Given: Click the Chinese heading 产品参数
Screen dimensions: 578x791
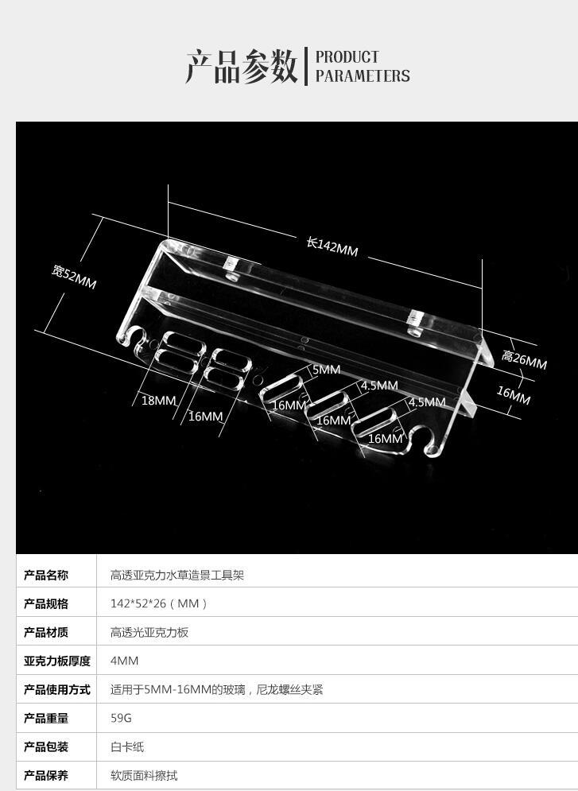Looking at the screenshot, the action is tap(242, 67).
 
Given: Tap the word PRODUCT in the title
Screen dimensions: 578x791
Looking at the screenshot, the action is tap(347, 57).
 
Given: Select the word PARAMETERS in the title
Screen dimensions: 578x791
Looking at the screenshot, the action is tap(363, 76).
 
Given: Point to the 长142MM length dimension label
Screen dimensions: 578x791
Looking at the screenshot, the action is tap(332, 246).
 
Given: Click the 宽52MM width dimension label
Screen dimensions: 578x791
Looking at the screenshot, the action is tap(74, 277).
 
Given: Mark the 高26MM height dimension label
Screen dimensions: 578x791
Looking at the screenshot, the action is tap(524, 361).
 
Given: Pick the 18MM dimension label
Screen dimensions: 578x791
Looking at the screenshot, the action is tap(158, 401).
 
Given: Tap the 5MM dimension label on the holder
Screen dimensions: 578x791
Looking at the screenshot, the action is tap(326, 370).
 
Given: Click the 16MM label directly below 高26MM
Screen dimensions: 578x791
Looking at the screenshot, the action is tap(514, 395).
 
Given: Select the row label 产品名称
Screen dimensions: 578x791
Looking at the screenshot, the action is tap(46, 575).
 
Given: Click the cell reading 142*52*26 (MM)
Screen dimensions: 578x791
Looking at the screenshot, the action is tap(159, 603).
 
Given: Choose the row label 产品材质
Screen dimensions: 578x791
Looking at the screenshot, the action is tap(46, 632).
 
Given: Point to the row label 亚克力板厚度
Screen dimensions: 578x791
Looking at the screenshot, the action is tap(57, 661).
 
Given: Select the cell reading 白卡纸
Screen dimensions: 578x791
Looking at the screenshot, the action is tap(127, 746).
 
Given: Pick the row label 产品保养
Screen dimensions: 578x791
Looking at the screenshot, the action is tap(46, 775).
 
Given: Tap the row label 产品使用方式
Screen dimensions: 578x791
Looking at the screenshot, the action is tap(57, 689).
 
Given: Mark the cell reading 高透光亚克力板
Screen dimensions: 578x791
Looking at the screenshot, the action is tap(149, 632).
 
